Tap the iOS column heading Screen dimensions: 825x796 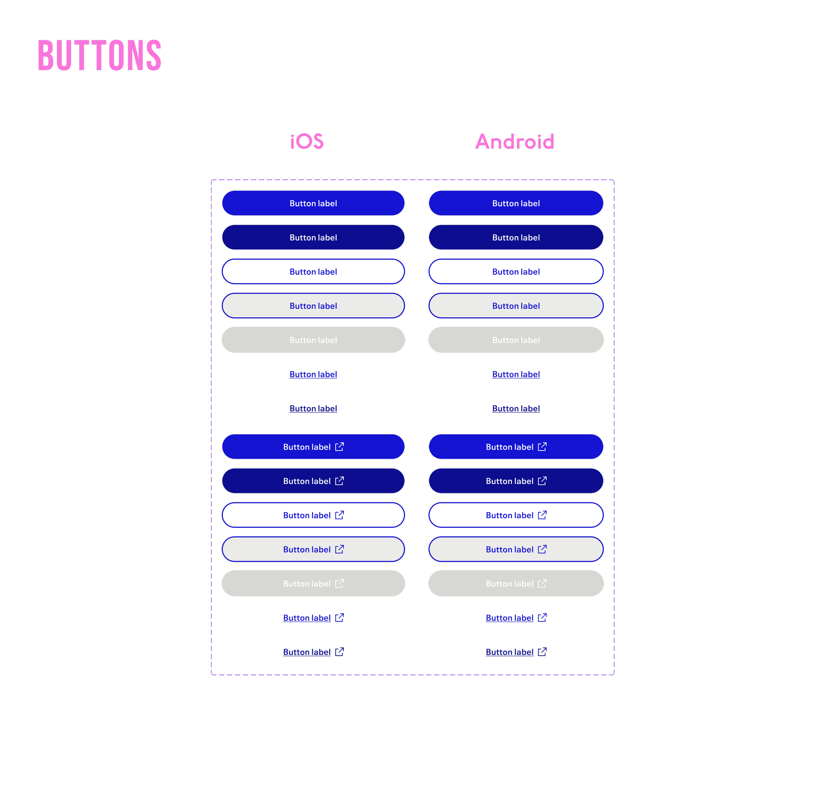tap(307, 142)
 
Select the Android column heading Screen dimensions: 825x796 tap(514, 142)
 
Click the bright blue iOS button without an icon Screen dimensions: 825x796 tap(313, 203)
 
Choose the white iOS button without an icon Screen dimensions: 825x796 tap(313, 272)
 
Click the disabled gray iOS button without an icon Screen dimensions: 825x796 tap(313, 340)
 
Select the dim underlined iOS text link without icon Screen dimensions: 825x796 tap(313, 408)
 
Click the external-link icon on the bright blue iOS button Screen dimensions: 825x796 tap(340, 446)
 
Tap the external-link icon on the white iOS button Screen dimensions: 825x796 tap(340, 515)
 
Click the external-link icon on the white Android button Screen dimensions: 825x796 tap(542, 515)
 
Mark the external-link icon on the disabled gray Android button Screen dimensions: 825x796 tap(542, 583)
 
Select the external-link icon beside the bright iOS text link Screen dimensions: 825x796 tap(340, 617)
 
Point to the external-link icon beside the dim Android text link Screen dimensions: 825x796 tap(542, 652)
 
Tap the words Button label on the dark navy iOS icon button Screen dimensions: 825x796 tap(307, 481)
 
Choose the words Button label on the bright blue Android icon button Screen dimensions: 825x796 tap(509, 447)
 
